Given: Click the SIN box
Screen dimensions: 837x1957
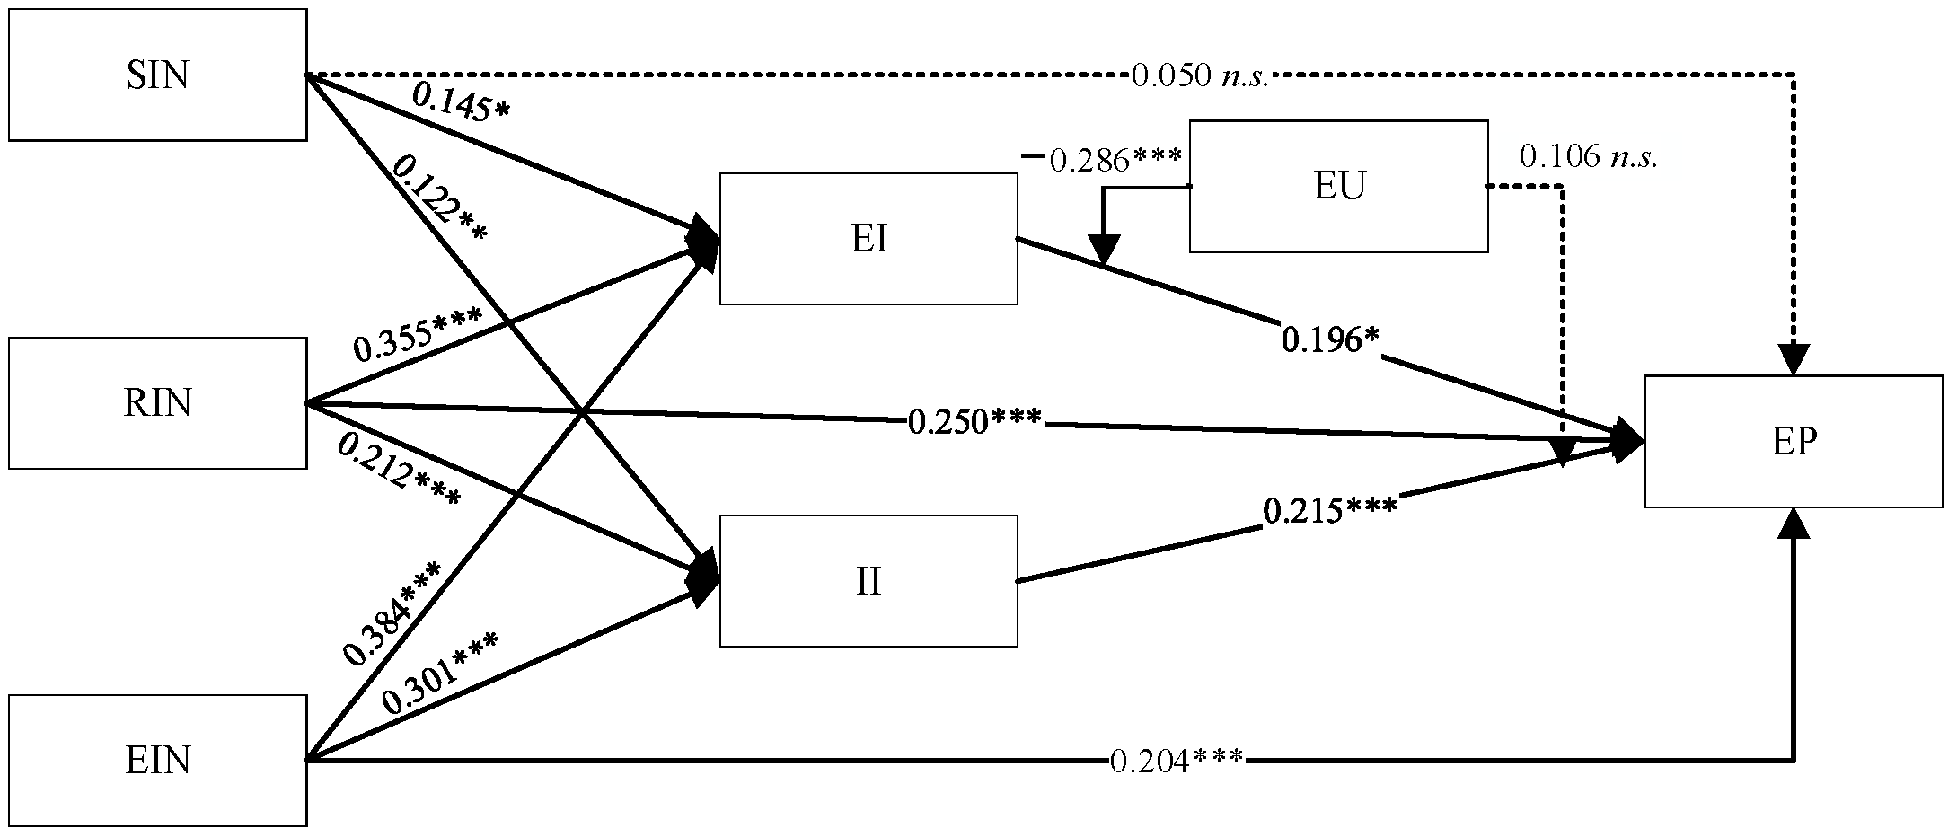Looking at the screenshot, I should coord(157,75).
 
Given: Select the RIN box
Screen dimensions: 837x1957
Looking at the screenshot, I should coord(157,402).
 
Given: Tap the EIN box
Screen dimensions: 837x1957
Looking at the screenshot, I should coord(157,761).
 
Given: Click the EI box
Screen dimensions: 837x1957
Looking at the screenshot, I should coord(868,239).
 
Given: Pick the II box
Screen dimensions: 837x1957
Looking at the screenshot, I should coord(868,581).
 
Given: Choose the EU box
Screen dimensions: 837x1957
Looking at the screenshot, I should coord(1338,186).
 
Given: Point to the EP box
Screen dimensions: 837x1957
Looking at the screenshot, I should coord(1794,442).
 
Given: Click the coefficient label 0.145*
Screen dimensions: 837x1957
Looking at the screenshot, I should coord(461,101).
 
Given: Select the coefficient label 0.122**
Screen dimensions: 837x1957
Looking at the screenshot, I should coord(440,198).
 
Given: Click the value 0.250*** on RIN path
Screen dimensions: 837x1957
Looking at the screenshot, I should coord(974,420).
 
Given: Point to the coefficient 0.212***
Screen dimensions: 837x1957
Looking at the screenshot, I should coord(400,471).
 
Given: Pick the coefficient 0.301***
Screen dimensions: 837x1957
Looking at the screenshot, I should coord(440,674).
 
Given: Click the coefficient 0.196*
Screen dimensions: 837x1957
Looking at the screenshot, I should coord(1329,340).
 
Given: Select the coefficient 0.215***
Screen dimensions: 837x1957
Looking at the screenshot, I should coord(1330,511).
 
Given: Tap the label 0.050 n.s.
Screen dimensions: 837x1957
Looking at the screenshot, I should coord(1199,76).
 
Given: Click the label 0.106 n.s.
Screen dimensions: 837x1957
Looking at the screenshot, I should coord(1588,158).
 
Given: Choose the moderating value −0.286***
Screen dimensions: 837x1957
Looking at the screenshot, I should coord(1103,160).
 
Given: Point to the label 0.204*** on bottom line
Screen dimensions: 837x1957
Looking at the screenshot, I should coord(1177,762).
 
